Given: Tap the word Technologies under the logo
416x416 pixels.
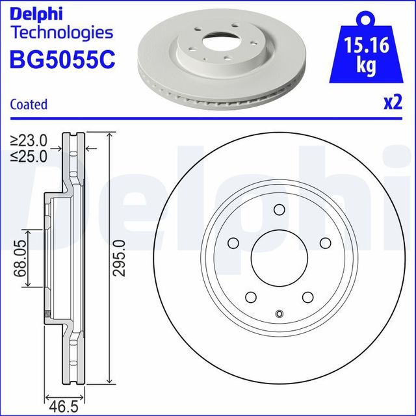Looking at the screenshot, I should (x=62, y=32).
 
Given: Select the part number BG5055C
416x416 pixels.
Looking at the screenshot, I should (x=62, y=59).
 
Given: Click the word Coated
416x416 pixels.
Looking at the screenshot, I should (x=29, y=104).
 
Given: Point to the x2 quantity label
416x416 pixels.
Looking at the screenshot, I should (x=392, y=102).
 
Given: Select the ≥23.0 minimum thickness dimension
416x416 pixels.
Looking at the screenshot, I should (x=30, y=139).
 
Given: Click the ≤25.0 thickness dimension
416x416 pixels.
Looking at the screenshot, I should (x=30, y=155).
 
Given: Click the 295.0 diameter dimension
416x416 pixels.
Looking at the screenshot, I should (x=118, y=258).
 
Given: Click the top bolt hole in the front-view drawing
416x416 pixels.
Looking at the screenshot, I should (x=279, y=209).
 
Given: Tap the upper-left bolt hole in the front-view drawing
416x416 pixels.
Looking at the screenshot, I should (x=232, y=243).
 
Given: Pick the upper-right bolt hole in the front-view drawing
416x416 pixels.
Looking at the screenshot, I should (x=326, y=243).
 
